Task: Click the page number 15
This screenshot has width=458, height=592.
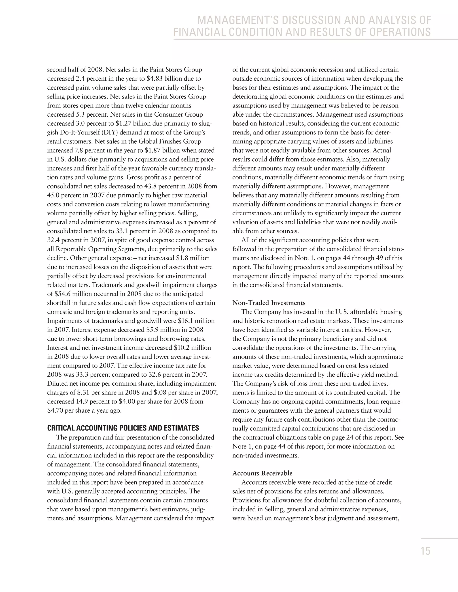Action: coord(425,552)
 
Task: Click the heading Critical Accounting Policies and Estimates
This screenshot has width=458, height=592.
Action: coord(123,428)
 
